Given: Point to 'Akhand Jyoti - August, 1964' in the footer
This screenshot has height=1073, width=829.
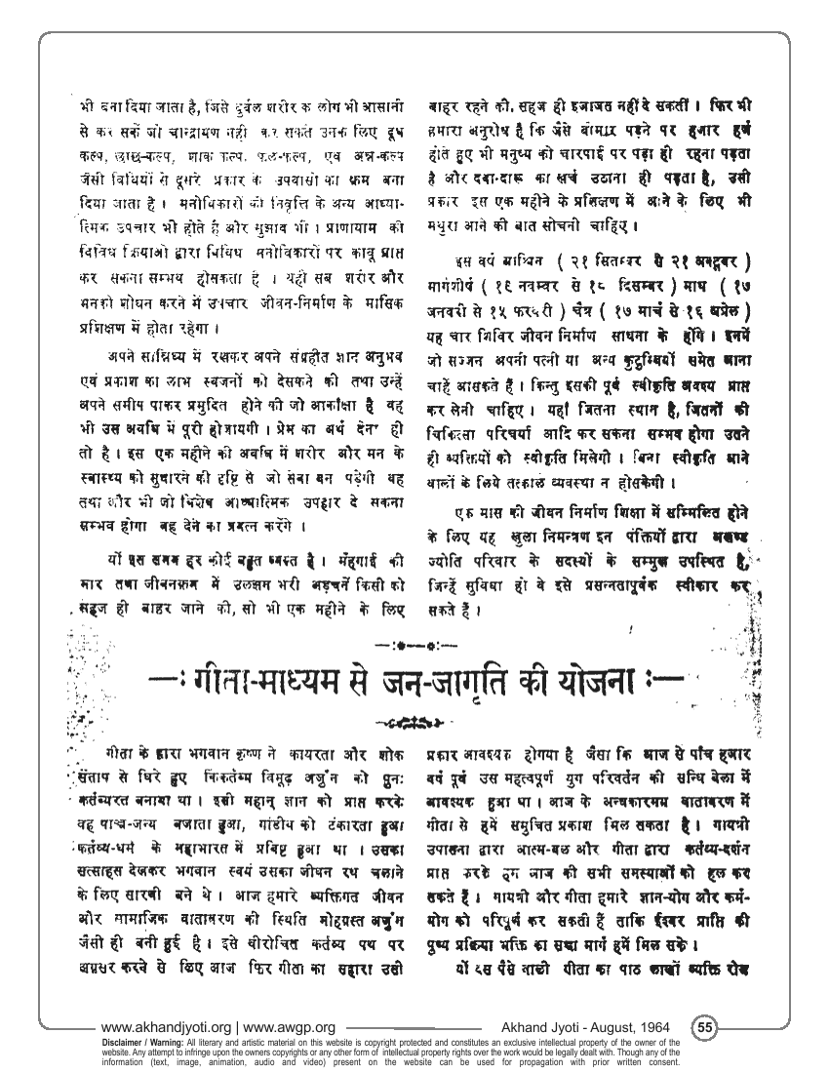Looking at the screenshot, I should [588, 1027].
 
